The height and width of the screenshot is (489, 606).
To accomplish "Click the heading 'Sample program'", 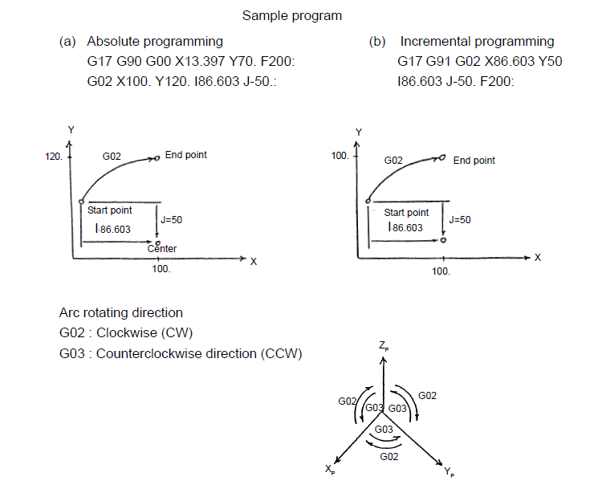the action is tap(292, 16).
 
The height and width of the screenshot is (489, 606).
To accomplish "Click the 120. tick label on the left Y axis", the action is tap(53, 157).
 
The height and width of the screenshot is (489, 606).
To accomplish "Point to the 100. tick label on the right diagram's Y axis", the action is tap(340, 156).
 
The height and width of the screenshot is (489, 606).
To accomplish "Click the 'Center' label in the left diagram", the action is tap(162, 249).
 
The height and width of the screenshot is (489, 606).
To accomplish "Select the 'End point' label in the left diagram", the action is tap(186, 155).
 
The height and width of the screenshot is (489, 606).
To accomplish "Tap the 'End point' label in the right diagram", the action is tap(474, 161).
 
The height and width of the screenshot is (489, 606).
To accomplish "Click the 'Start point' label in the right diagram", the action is tap(406, 213).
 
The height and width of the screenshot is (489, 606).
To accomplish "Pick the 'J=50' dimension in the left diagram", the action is tap(171, 219).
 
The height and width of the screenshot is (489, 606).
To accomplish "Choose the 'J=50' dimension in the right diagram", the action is tap(460, 219).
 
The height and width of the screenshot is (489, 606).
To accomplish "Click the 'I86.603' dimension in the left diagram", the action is tap(113, 229).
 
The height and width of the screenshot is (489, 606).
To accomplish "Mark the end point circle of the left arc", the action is tap(157, 158).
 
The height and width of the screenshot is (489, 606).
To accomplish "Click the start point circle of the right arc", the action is tap(368, 201).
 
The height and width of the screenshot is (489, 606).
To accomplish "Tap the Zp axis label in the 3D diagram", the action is tap(384, 346).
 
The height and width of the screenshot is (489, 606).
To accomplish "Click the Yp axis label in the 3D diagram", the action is tap(449, 471).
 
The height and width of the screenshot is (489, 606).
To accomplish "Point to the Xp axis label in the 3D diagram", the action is tap(330, 470).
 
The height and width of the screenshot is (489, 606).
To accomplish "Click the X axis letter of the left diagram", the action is tap(254, 262).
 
